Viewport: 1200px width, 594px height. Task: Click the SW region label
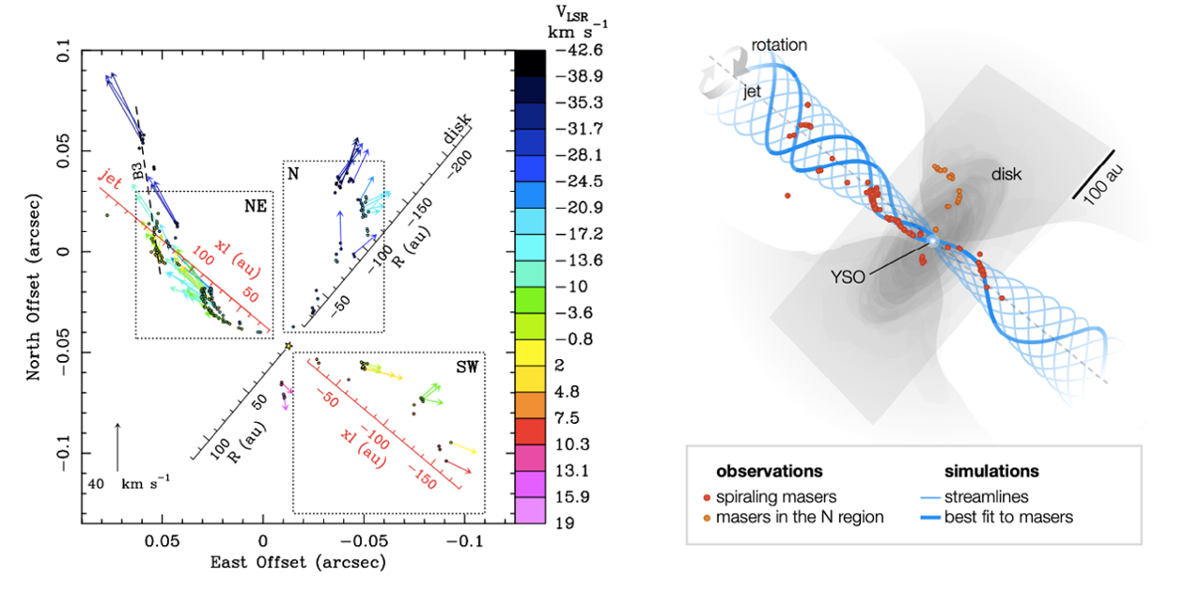pos(467,367)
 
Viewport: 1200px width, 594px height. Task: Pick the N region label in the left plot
pos(293,173)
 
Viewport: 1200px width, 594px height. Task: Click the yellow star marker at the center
pos(288,347)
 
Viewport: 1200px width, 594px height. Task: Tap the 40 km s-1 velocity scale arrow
pos(117,446)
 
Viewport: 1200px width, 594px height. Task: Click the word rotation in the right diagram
pos(779,44)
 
